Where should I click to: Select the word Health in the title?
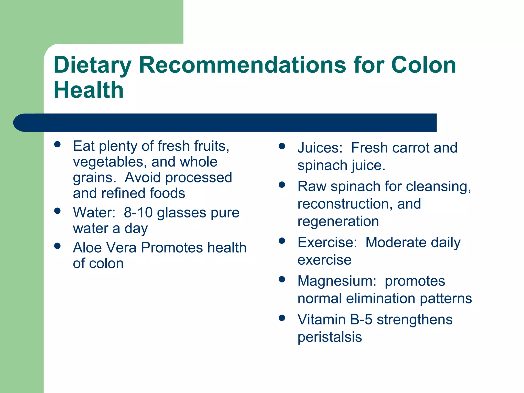pyautogui.click(x=89, y=90)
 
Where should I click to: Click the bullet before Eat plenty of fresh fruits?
pyautogui.click(x=57, y=144)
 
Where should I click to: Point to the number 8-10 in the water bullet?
pyautogui.click(x=138, y=213)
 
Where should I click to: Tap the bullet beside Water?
pyautogui.click(x=57, y=211)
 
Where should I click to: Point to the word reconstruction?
pyautogui.click(x=345, y=204)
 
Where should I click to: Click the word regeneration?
pyautogui.click(x=338, y=221)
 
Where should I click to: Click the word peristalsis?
pyautogui.click(x=330, y=337)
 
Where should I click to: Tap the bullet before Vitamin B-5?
pyautogui.click(x=282, y=318)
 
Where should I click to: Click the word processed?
pyautogui.click(x=199, y=178)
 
